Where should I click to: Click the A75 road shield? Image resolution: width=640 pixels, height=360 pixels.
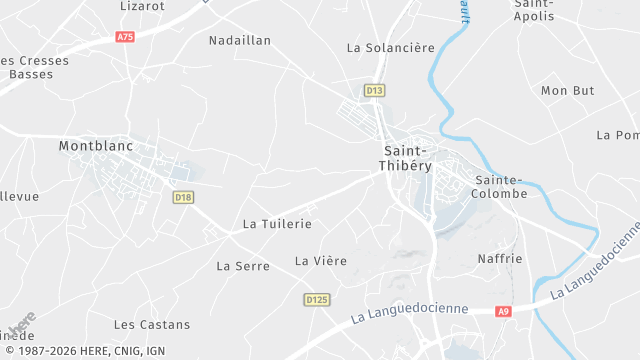click(125, 37)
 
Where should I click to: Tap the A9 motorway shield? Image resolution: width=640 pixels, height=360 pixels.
click(503, 311)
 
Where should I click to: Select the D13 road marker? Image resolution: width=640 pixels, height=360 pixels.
click(374, 91)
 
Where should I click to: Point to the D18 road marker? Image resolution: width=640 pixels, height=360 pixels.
click(182, 197)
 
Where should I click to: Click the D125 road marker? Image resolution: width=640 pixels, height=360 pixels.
click(316, 299)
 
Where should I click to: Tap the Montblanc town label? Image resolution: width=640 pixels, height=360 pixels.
click(96, 145)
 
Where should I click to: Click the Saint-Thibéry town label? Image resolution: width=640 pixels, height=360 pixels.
click(412, 159)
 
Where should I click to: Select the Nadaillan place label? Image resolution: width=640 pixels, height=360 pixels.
click(239, 41)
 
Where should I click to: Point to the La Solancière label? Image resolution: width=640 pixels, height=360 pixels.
click(390, 48)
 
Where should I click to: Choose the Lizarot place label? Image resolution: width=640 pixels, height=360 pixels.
click(141, 5)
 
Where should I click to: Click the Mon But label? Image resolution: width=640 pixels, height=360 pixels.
click(567, 91)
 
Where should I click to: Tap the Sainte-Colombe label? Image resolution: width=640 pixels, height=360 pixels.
click(498, 186)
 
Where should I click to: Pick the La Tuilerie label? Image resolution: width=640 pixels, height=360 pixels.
click(277, 225)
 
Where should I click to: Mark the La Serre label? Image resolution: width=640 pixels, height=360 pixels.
click(243, 266)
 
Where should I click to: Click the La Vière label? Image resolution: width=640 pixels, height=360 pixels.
click(320, 261)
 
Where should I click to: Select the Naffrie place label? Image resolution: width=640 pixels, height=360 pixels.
click(500, 259)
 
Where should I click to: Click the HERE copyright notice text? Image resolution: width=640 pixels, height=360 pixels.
click(84, 351)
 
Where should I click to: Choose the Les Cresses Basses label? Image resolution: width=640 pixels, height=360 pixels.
click(36, 67)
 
